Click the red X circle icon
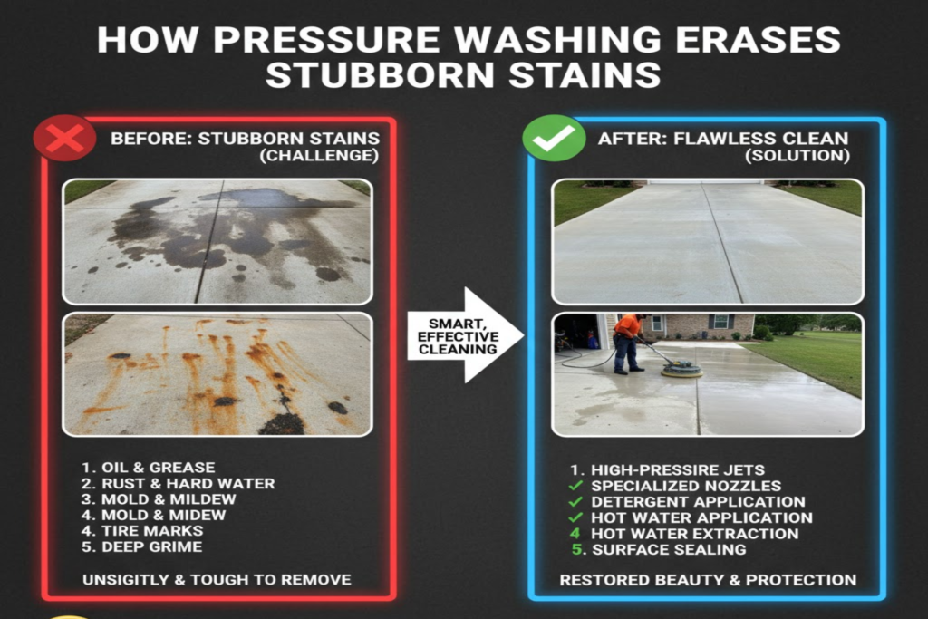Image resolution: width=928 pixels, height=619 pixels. pyautogui.click(x=64, y=138)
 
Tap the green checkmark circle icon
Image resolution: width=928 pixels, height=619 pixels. pyautogui.click(x=554, y=138)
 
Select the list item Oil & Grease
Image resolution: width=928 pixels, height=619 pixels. pyautogui.click(x=150, y=468)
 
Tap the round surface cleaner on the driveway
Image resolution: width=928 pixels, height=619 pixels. pyautogui.click(x=681, y=368)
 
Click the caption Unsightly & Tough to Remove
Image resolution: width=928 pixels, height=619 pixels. pyautogui.click(x=217, y=579)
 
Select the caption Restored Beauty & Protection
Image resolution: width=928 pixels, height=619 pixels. pyautogui.click(x=708, y=579)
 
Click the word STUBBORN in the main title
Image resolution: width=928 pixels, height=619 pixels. pyautogui.click(x=367, y=74)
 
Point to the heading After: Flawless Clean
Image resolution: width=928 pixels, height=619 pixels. pyautogui.click(x=723, y=139)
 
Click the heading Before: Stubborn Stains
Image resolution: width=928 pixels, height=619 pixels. pyautogui.click(x=245, y=139)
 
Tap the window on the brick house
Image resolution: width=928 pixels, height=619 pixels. pyautogui.click(x=721, y=322)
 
